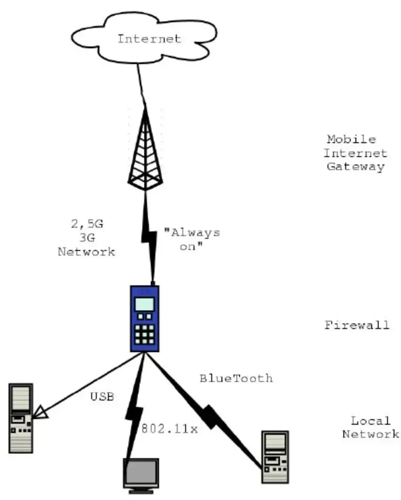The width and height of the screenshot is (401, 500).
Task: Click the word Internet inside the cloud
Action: (x=149, y=39)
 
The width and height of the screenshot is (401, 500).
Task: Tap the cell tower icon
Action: (x=146, y=149)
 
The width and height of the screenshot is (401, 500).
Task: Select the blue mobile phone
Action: (x=145, y=319)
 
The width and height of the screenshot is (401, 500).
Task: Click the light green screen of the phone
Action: (x=144, y=304)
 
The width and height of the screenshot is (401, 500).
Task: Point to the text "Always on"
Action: (x=192, y=239)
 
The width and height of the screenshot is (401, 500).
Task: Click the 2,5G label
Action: (x=87, y=224)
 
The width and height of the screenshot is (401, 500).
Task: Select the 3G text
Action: (x=87, y=238)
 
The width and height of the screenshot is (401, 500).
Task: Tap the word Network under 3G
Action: (x=86, y=252)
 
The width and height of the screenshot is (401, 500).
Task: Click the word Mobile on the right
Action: (x=351, y=139)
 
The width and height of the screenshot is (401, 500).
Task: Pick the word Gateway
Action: (x=355, y=167)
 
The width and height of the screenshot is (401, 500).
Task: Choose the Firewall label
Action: (x=357, y=325)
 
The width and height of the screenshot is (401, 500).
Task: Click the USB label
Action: (x=102, y=396)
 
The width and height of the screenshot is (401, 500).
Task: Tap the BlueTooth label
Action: (x=236, y=378)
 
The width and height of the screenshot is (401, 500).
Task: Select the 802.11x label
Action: (x=169, y=428)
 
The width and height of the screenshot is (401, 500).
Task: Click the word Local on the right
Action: (x=371, y=421)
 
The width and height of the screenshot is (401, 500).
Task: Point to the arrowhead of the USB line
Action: (x=40, y=412)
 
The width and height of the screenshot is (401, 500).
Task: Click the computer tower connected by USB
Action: (x=21, y=418)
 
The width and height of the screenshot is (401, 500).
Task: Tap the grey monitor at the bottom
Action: (x=141, y=475)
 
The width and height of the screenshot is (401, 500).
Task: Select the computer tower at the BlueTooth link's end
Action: (x=275, y=457)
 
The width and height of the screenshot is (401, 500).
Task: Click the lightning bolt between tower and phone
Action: (x=149, y=238)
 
